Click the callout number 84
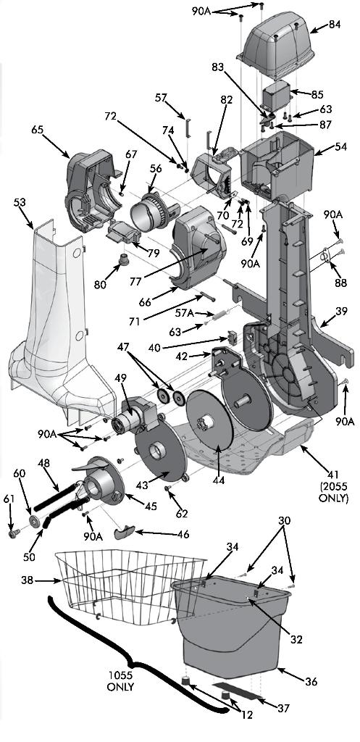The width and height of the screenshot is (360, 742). (334, 24)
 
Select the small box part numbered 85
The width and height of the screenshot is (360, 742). (276, 96)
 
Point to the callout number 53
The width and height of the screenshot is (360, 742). (20, 203)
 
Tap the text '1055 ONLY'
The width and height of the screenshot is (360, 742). (120, 681)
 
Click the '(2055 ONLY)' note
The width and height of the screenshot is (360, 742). (333, 493)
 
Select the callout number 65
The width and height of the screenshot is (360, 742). (38, 129)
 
